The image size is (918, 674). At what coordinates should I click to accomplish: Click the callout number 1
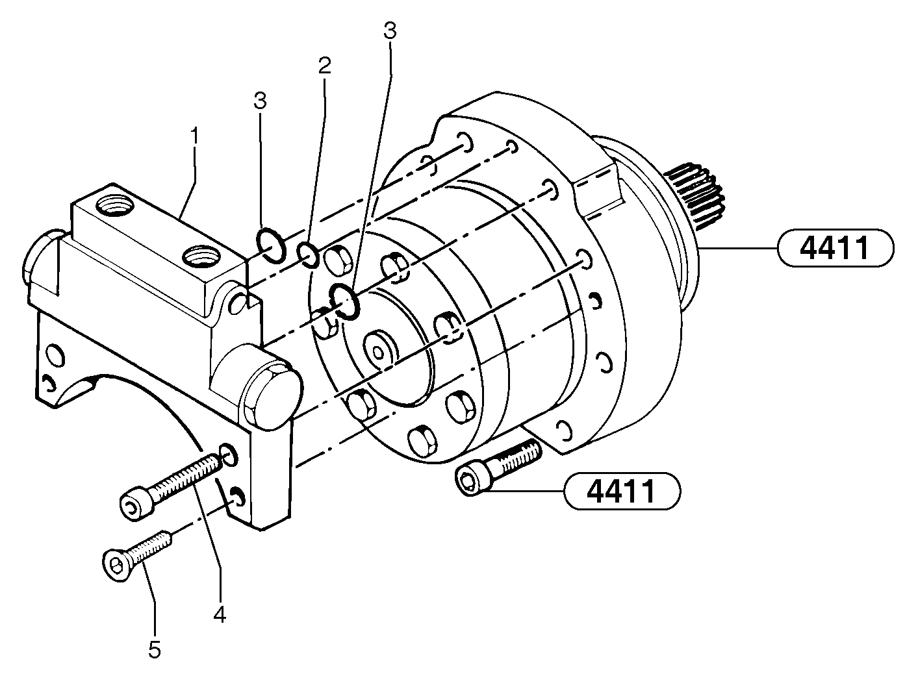point(194,136)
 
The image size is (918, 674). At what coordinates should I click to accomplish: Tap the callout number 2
point(324,65)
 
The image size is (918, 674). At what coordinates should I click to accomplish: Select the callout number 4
point(220,614)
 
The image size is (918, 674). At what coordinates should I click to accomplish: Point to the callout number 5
point(154,649)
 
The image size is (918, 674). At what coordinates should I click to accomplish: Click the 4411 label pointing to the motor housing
point(834,248)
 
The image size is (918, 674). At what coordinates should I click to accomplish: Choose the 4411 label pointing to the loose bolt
point(622,492)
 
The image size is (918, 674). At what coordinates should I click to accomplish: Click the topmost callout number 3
point(389,31)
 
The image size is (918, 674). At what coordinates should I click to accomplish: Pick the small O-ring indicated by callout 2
point(308,255)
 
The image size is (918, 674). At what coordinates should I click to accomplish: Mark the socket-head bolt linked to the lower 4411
point(497,468)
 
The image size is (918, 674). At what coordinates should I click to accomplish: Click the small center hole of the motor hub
point(377,351)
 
